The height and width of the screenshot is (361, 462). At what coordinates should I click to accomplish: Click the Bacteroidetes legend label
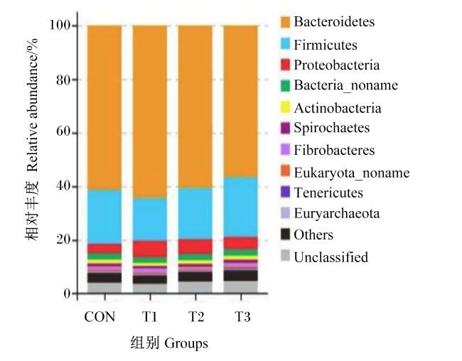pos(334,22)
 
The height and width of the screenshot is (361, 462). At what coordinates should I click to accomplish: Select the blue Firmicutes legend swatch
pos(285,43)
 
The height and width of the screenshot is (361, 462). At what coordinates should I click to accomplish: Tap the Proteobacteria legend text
pos(336,65)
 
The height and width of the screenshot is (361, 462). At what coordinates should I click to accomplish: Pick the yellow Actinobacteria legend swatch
pos(285,107)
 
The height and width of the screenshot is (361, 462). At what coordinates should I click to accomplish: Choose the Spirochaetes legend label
pos(331,128)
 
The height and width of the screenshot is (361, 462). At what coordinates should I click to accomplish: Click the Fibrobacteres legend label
pos(334,150)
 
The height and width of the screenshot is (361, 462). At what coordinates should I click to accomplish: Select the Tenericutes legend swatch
pos(285,192)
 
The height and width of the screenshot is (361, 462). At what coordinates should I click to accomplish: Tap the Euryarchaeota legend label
pos(336,214)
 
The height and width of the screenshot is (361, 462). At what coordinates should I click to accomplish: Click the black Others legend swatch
pos(285,235)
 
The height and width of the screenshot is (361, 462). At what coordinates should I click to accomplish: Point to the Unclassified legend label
pos(331,257)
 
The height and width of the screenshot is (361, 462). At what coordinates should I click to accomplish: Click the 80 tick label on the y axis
pos(63,80)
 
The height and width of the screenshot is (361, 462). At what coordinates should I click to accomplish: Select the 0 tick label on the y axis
pos(67,293)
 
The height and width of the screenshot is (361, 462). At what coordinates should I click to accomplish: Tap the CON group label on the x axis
pos(100,317)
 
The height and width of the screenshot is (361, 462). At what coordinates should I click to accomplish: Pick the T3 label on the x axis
pos(242,317)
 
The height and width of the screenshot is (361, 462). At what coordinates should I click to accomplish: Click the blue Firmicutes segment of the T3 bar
pos(241,207)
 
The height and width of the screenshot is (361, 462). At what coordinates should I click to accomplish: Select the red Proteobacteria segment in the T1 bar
pos(150,249)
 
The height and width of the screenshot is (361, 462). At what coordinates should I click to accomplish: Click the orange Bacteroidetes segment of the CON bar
pos(104,107)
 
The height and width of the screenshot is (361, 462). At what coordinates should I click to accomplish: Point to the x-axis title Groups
pos(186,344)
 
